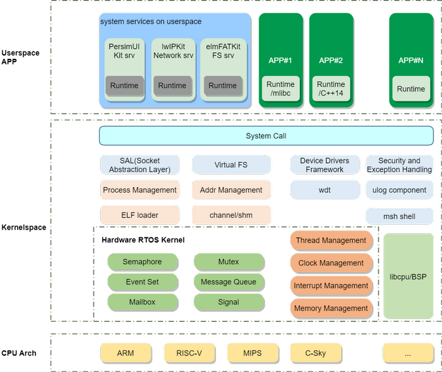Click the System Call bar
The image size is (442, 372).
point(266,136)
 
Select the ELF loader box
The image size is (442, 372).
point(139,215)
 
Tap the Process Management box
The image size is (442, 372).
point(139,190)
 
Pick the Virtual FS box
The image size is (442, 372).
point(230,165)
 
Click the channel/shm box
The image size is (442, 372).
point(230,215)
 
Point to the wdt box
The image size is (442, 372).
point(324,190)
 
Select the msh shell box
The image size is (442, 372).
point(399,216)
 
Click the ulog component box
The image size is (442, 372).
point(399,190)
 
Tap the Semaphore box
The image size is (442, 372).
point(142,262)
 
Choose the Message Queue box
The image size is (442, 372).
point(229,282)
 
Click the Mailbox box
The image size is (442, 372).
point(142,302)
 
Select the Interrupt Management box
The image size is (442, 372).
point(331,286)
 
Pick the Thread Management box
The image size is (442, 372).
point(331,241)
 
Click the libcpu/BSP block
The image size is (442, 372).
point(407,277)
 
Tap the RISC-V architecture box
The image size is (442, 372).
point(189,354)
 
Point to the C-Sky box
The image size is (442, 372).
point(315,354)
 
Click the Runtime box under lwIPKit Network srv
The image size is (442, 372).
point(172,86)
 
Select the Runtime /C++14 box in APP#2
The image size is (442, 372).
point(331,89)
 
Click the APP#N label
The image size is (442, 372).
point(411,61)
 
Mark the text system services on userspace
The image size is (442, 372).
point(151,22)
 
